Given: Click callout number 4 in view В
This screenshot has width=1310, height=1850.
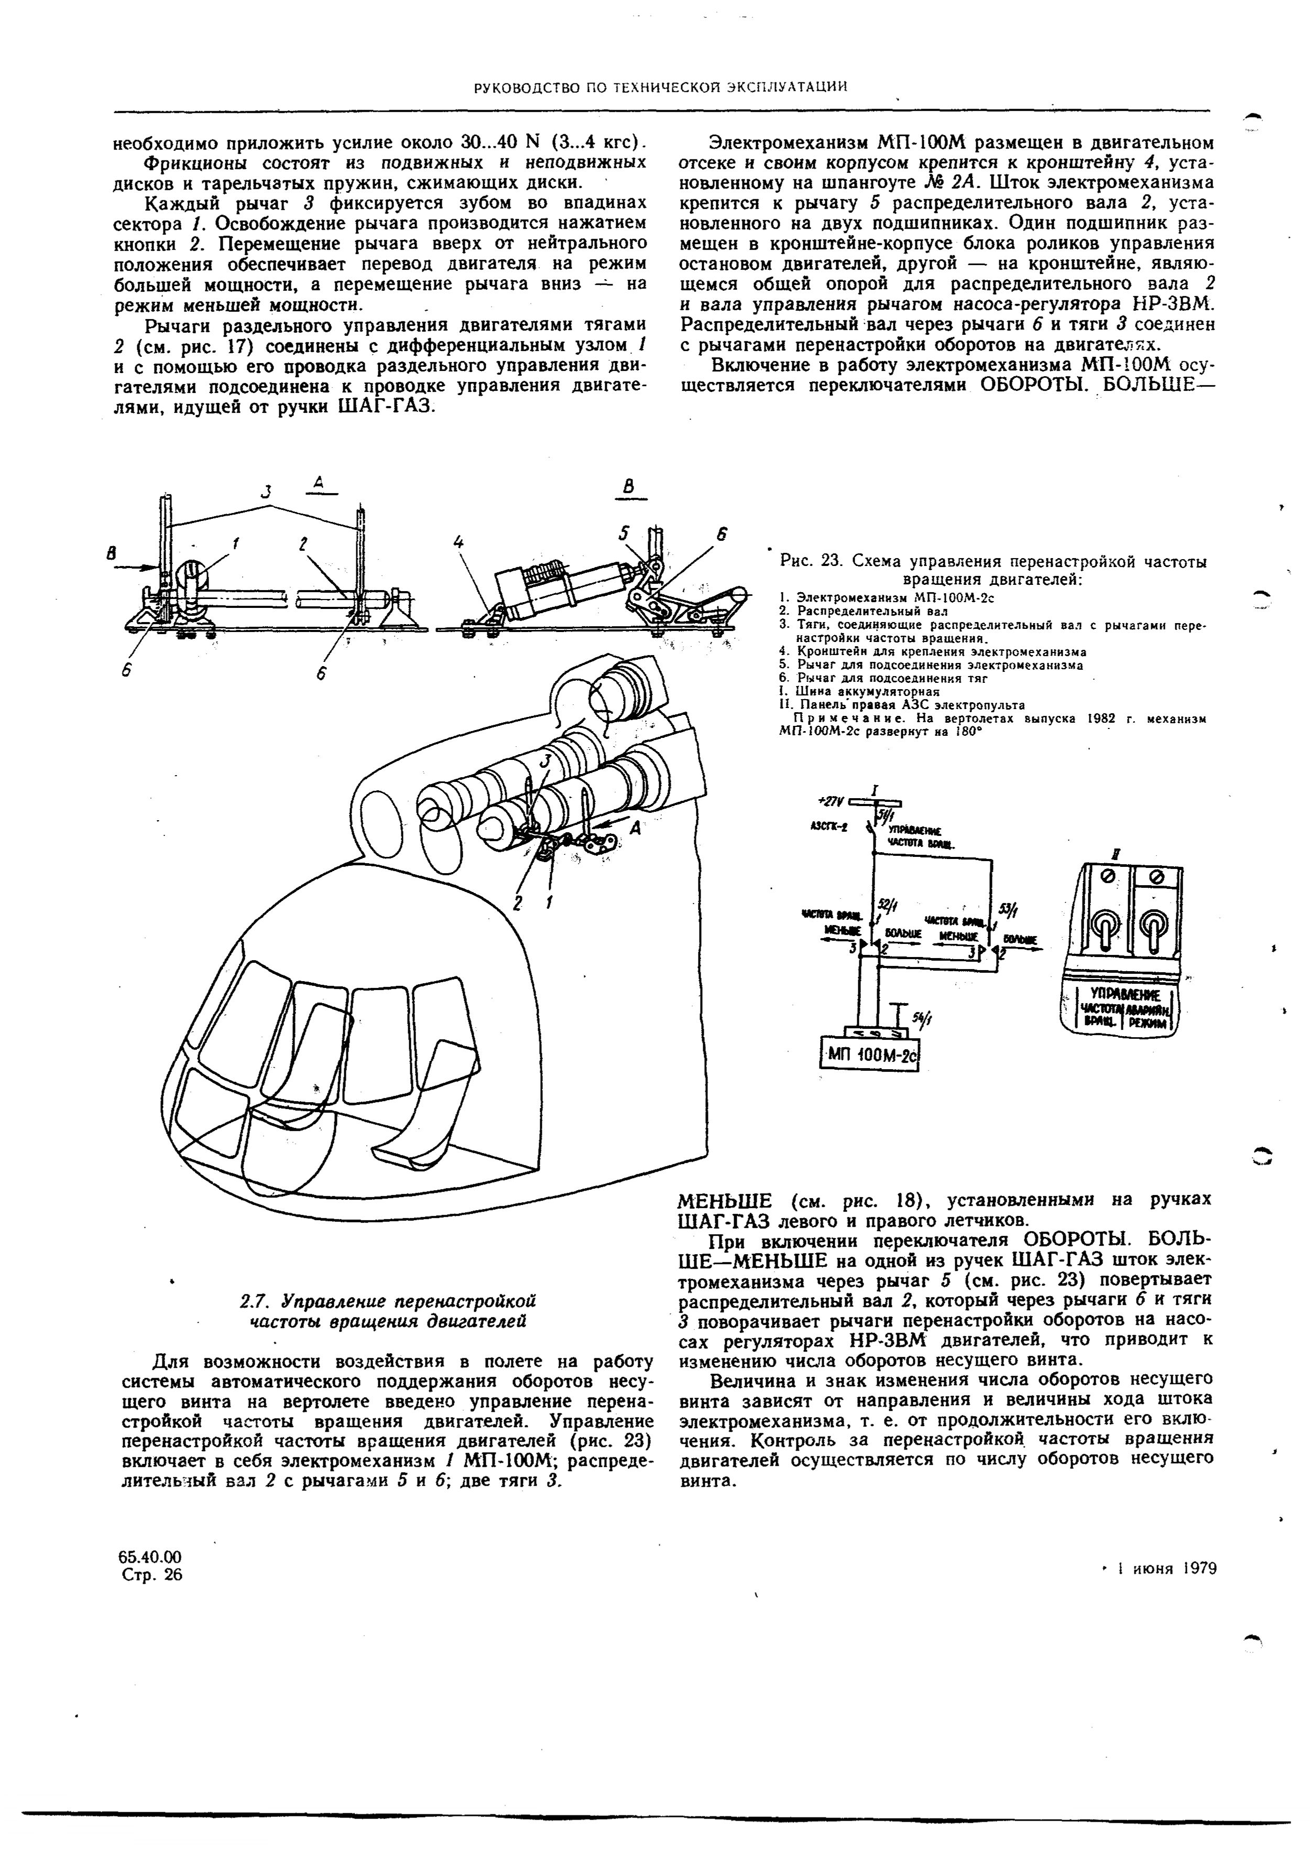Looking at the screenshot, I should (458, 544).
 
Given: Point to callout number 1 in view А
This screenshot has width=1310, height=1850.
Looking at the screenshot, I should (236, 545).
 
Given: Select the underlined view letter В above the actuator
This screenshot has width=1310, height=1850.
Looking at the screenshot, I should (629, 486).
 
